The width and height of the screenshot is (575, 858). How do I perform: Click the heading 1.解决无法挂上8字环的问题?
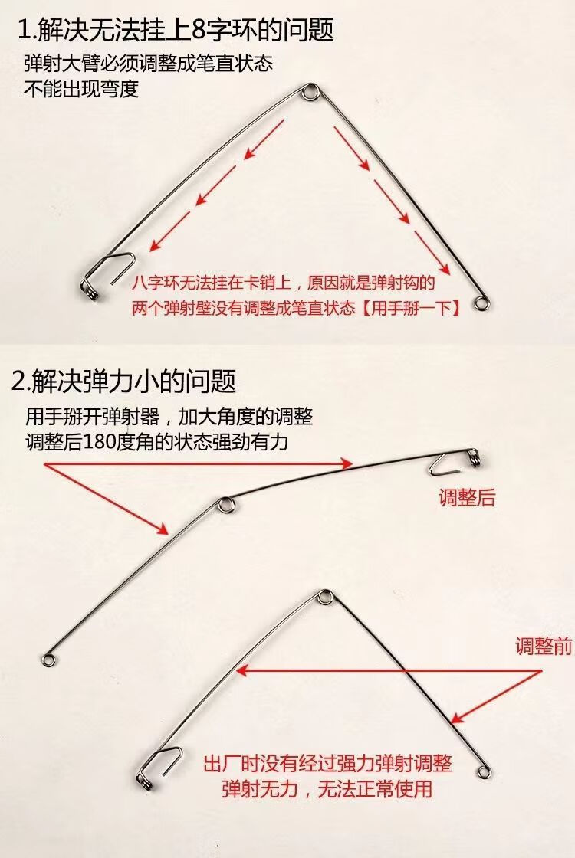pyautogui.click(x=176, y=30)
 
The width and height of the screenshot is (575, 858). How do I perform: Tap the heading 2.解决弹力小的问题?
pyautogui.click(x=123, y=381)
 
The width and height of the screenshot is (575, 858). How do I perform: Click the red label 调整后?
pyautogui.click(x=467, y=498)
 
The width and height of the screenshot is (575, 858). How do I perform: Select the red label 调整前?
pyautogui.click(x=544, y=647)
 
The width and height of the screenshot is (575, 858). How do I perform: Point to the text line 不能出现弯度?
pyautogui.click(x=81, y=89)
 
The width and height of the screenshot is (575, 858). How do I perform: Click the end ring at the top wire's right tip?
pyautogui.click(x=482, y=303)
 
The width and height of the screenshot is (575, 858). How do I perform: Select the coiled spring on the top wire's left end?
pyautogui.click(x=93, y=293)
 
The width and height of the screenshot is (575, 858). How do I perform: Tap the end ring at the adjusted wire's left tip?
pyautogui.click(x=49, y=660)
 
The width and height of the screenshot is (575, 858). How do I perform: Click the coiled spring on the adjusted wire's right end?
pyautogui.click(x=476, y=459)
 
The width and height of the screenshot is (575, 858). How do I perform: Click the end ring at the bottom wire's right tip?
pyautogui.click(x=483, y=772)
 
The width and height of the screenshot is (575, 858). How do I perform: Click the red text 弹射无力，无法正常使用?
pyautogui.click(x=327, y=788)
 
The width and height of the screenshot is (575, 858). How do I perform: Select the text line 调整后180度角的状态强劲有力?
pyautogui.click(x=156, y=441)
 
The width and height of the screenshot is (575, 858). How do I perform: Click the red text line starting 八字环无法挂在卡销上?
pyautogui.click(x=284, y=283)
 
